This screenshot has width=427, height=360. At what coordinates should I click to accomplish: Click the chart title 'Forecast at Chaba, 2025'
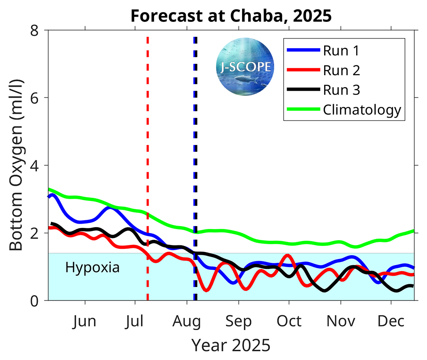tap(231, 16)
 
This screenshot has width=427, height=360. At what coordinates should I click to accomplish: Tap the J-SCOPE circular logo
tap(245, 66)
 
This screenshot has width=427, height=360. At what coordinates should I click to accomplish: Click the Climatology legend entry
tap(361, 110)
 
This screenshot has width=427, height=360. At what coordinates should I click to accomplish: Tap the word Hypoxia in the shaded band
tap(92, 268)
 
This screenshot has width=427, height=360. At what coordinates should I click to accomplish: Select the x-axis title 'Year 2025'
tap(231, 345)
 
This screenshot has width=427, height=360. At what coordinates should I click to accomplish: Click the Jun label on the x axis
tap(85, 321)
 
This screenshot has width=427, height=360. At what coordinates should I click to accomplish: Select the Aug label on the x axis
tap(187, 321)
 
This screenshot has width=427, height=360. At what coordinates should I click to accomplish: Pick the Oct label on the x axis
tap(289, 321)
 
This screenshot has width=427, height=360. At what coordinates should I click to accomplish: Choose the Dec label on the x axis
tap(391, 321)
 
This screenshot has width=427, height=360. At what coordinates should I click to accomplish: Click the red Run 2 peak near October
tap(287, 256)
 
